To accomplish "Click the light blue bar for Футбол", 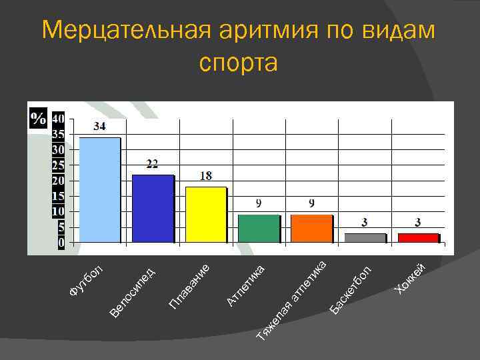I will (100, 190).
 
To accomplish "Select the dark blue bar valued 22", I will (153, 209).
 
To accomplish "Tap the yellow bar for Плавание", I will (205, 215).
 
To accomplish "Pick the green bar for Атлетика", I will (258, 229).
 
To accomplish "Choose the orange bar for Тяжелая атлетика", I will (311, 229).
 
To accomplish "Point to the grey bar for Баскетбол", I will (365, 237).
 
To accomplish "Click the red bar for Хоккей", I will (418, 237).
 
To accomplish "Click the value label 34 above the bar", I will (99, 126).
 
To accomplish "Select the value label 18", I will (206, 176).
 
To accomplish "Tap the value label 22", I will (153, 164).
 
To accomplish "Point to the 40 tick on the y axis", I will (59, 118).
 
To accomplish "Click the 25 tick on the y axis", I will (59, 165).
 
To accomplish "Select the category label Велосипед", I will (133, 291).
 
